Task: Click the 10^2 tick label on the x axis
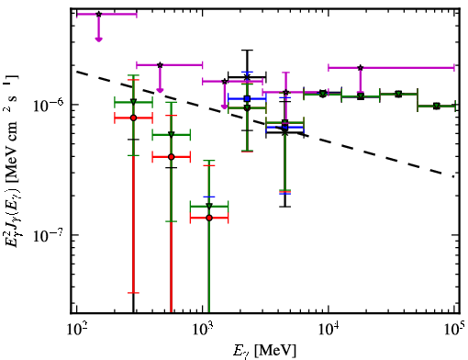[x=76, y=330]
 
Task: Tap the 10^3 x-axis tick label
[x=203, y=330]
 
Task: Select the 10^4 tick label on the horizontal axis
[x=329, y=330]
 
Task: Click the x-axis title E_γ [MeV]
[x=264, y=351]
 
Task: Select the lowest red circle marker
[x=209, y=218]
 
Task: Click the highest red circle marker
[x=133, y=118]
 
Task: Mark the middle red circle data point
[x=172, y=157]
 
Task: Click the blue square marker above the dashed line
[x=247, y=98]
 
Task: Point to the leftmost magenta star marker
[x=98, y=14]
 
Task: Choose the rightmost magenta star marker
[x=361, y=68]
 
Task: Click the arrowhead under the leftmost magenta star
[x=98, y=39]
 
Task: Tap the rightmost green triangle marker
[x=437, y=107]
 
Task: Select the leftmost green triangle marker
[x=133, y=102]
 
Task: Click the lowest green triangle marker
[x=209, y=207]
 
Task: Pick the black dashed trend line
[x=265, y=124]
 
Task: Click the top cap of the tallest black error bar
[x=247, y=50]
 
